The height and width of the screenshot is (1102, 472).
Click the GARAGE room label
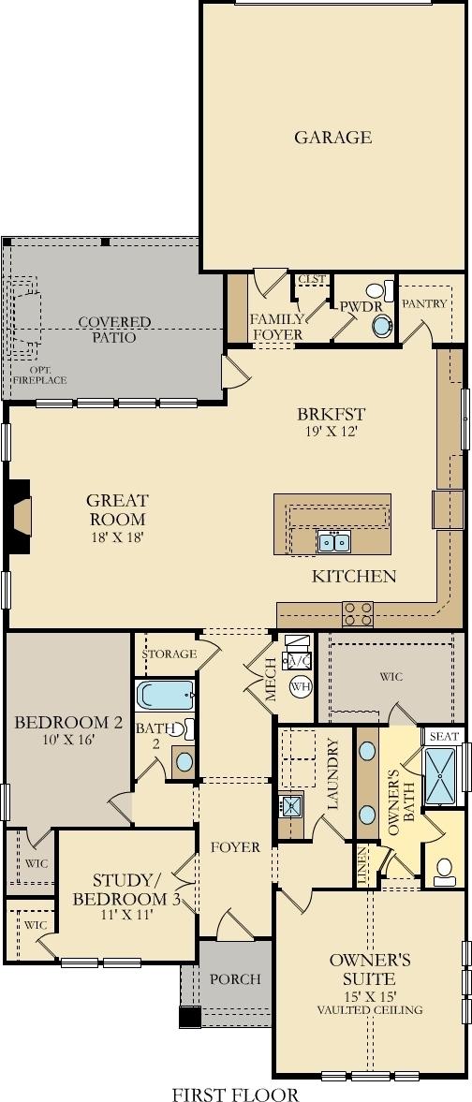click(332, 137)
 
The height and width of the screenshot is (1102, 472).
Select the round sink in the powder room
click(381, 327)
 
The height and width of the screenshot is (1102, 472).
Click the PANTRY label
click(424, 303)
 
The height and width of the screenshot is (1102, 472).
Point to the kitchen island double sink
click(333, 542)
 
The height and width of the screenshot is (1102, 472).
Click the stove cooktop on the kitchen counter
click(358, 614)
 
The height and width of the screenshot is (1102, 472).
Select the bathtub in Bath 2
click(166, 696)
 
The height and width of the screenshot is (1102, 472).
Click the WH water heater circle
click(301, 686)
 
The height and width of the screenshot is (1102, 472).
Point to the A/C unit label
click(297, 661)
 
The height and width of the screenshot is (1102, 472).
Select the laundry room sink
click(290, 805)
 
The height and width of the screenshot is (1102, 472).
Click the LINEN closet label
click(362, 865)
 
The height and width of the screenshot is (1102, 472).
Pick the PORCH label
click(236, 979)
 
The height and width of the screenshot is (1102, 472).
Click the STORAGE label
click(169, 654)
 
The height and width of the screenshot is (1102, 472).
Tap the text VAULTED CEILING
click(370, 1010)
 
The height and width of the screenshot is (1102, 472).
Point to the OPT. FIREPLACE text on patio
click(39, 375)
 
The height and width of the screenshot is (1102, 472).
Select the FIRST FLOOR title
click(236, 1094)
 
